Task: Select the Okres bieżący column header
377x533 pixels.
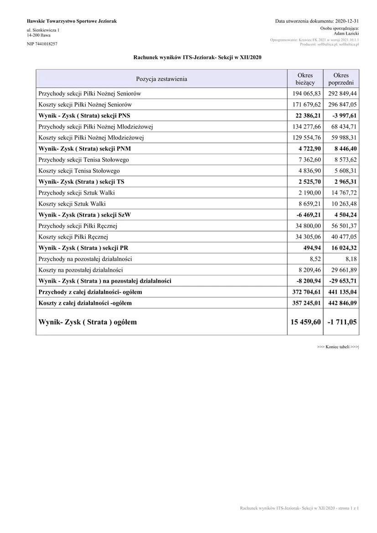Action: (305, 79)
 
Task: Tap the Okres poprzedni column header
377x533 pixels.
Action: (341, 79)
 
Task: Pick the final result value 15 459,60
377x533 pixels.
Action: (305, 322)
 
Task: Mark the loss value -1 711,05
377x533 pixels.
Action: (342, 322)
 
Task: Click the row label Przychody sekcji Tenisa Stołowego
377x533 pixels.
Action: (84, 160)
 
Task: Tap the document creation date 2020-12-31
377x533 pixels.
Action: (347, 21)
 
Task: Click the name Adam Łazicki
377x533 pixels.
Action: (346, 34)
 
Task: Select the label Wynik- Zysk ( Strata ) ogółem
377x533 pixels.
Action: (88, 322)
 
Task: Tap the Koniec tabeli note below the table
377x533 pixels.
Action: (338, 347)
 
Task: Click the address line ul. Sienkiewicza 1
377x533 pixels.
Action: (43, 30)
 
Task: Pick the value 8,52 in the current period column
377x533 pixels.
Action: (315, 259)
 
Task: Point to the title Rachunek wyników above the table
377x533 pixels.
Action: (197, 57)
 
